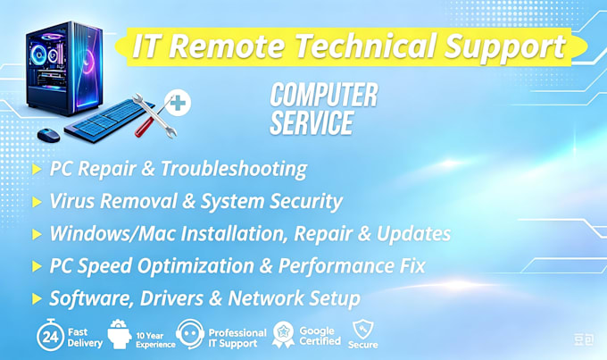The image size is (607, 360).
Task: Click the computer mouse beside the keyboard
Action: [48, 135]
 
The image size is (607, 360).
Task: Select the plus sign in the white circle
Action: [178, 103]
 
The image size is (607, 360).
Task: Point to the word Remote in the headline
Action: [226, 46]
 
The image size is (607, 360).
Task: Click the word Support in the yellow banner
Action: [504, 48]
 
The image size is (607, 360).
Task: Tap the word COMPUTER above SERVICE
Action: [324, 95]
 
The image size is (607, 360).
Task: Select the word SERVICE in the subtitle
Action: [312, 122]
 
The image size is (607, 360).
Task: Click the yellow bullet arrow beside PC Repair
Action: [37, 170]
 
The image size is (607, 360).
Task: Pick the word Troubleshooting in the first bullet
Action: [234, 170]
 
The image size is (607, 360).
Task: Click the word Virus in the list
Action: [72, 201]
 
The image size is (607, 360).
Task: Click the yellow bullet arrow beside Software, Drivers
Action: [37, 298]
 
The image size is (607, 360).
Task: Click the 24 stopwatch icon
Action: [50, 335]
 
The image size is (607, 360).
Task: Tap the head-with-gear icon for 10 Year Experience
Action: [120, 334]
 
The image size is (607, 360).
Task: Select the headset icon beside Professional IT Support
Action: [190, 334]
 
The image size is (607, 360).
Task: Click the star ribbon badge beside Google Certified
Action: [283, 334]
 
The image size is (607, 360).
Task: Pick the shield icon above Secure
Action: [363, 330]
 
